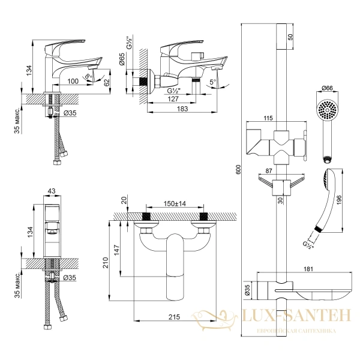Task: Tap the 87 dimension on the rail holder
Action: tap(269, 171)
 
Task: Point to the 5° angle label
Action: tap(213, 82)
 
